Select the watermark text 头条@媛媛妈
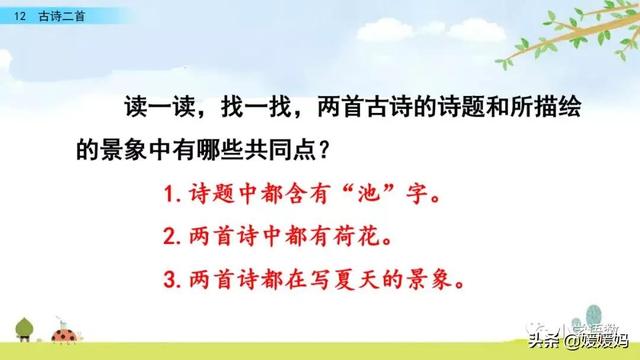(578, 342)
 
